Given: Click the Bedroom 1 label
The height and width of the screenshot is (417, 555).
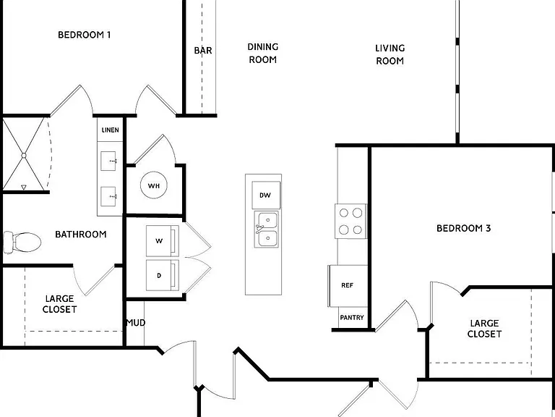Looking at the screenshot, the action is click(85, 35).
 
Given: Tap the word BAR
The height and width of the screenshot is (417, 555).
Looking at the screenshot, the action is click(203, 51).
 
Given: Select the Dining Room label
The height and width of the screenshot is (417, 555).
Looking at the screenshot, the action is click(262, 53).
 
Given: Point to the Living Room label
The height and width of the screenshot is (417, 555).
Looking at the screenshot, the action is click(390, 54).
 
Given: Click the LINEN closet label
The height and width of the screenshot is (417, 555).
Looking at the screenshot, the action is click(110, 130).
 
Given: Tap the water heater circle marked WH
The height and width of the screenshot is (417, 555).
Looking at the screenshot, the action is click(154, 185).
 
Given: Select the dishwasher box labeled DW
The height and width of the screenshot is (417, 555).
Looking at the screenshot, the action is click(266, 195).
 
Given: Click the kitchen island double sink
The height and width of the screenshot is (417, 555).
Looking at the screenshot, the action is click(266, 229).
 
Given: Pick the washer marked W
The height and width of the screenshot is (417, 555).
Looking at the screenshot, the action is click(162, 241).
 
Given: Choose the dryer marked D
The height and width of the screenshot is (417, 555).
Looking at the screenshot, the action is click(162, 275).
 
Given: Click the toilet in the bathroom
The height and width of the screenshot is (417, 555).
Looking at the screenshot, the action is click(22, 243).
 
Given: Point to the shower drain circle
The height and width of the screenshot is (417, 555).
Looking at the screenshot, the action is click(24, 156).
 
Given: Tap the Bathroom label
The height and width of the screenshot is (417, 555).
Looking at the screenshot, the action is click(81, 235).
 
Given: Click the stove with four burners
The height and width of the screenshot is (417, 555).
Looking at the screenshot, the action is click(350, 222).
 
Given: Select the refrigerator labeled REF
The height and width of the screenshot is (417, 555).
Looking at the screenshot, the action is click(348, 285).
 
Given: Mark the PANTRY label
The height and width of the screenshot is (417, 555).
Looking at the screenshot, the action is click(352, 318).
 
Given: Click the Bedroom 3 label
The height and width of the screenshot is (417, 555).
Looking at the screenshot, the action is click(464, 228).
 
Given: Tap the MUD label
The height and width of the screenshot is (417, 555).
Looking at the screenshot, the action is click(136, 323).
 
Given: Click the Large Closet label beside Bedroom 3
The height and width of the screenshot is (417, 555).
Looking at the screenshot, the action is click(484, 329).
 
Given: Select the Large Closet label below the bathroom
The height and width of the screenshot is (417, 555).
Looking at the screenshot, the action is click(59, 304).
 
